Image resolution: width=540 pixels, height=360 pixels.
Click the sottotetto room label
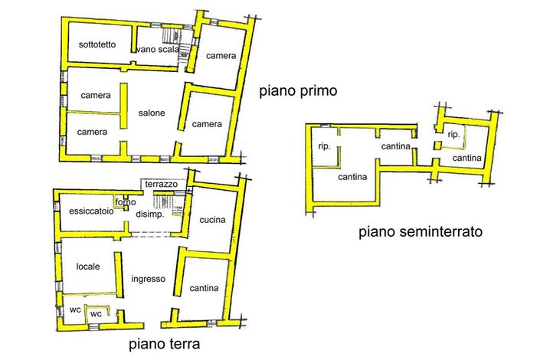point(97,44)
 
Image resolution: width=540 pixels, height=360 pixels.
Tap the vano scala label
point(157,51)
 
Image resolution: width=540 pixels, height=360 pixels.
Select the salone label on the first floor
point(152,113)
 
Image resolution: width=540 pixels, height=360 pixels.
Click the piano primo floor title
point(298,90)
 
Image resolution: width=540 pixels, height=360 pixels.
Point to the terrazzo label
point(161,185)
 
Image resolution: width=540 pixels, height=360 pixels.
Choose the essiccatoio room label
point(91,212)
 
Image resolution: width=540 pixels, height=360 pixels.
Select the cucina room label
point(212,220)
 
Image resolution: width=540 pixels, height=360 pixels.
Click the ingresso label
point(148,279)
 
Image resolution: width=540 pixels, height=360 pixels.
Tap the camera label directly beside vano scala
point(220,55)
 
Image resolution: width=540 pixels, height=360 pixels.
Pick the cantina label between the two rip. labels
point(398,146)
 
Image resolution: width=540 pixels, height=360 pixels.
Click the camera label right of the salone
point(207,124)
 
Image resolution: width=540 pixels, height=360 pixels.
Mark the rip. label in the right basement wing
point(453,134)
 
